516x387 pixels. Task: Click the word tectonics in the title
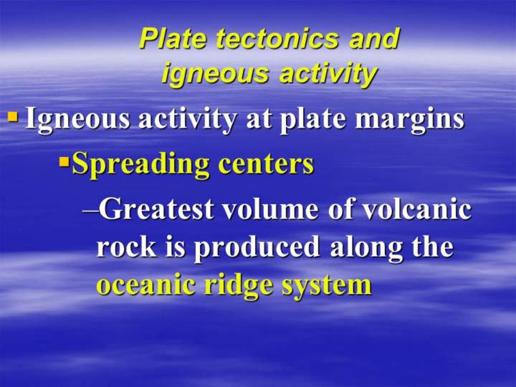coord(277,39)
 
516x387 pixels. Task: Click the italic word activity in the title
coord(328,75)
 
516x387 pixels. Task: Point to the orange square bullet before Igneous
coord(12,117)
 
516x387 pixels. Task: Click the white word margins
coord(410,119)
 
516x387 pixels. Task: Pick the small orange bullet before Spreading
coord(64,162)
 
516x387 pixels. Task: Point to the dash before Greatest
coord(90,212)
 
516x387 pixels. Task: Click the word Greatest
coord(156,209)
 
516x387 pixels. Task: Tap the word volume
coord(271,209)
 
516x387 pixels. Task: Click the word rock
coord(126,247)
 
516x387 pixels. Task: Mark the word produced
coord(257,248)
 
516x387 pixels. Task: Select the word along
coord(366,248)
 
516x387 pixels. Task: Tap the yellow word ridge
coord(238,285)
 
